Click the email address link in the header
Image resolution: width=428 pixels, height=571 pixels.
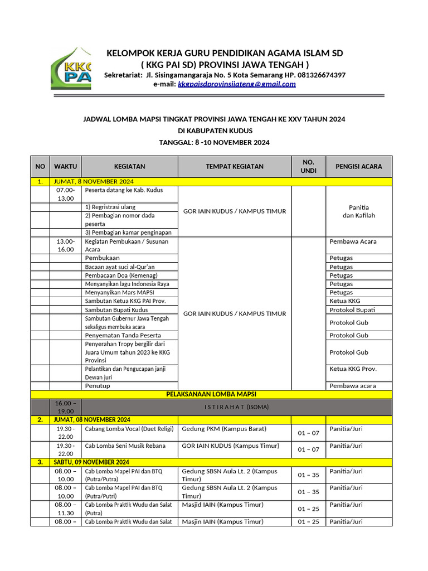[236, 84]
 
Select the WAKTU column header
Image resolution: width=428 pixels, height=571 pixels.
[66, 166]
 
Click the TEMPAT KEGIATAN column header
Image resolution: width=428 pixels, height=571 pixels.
[235, 166]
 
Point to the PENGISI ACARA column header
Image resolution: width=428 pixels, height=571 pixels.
[358, 166]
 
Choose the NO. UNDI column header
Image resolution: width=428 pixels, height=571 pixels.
[308, 166]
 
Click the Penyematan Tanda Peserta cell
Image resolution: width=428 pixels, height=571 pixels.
[123, 335]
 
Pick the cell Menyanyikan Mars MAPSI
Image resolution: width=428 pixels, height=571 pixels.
[119, 292]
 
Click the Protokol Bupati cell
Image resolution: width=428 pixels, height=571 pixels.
[352, 309]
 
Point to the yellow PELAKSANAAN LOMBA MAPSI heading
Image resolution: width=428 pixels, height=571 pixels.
[211, 394]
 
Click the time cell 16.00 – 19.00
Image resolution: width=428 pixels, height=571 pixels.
[66, 407]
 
